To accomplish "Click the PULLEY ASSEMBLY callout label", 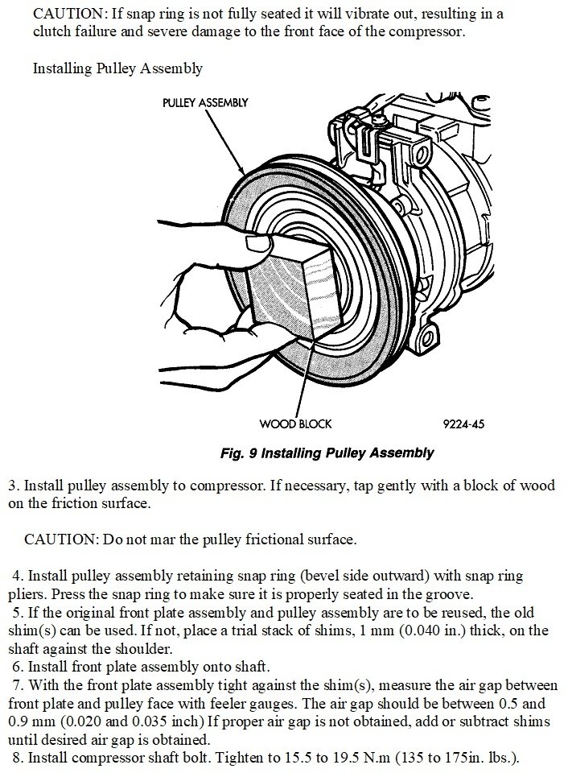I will pos(204,103).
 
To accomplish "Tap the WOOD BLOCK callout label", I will pos(294,424).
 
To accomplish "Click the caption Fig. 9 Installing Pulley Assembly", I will pos(327,453).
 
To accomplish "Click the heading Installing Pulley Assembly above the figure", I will pos(117,68).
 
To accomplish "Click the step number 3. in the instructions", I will pos(14,486).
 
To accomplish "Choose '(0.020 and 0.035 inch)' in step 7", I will pos(141,721).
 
